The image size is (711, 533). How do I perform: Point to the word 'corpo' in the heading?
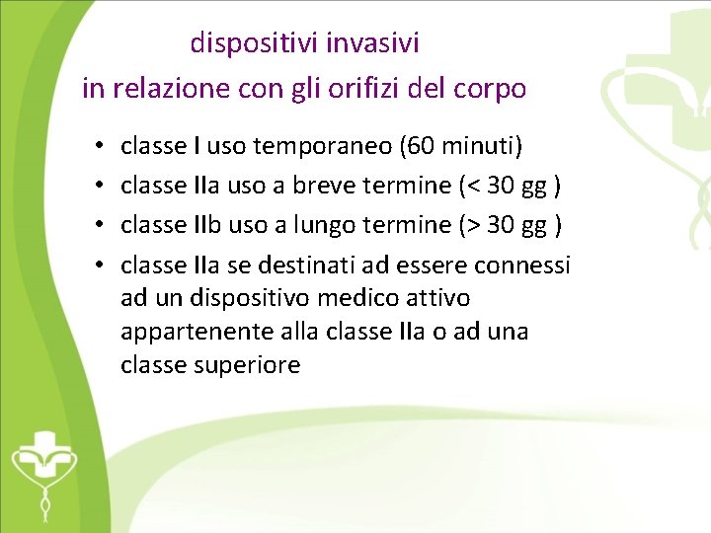(x=495, y=89)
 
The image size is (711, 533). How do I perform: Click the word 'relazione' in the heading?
(x=172, y=89)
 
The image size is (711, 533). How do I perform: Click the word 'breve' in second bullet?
(x=323, y=187)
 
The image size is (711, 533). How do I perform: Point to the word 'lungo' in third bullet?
(x=323, y=225)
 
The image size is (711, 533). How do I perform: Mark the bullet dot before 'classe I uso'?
(x=101, y=148)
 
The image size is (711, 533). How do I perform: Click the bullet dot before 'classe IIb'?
(x=101, y=226)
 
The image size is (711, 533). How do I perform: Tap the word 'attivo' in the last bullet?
(x=435, y=298)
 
